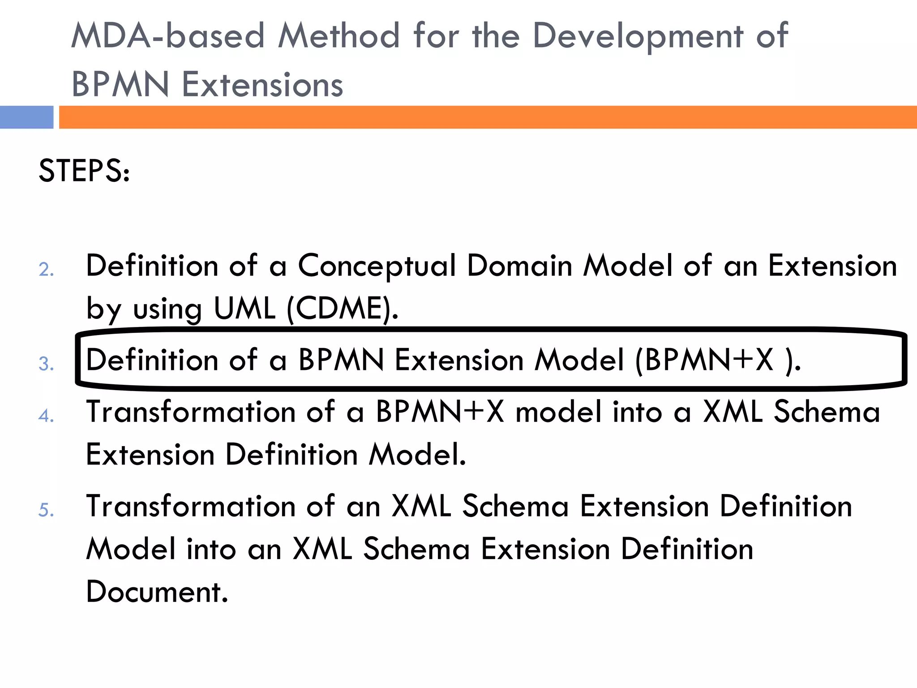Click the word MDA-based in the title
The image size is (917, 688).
(168, 36)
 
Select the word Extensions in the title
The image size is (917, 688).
(262, 85)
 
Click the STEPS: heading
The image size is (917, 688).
(84, 171)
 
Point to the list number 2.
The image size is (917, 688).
(46, 270)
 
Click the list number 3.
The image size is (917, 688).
(46, 364)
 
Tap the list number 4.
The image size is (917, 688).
(46, 416)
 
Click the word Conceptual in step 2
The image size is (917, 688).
(377, 266)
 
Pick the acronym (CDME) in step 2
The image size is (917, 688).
(342, 309)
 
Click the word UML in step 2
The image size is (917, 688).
(244, 309)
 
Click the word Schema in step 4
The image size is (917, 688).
(827, 412)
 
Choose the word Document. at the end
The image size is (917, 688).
(157, 592)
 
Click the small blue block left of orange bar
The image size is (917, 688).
(26, 117)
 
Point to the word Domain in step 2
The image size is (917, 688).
(520, 266)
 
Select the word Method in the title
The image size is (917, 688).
(339, 36)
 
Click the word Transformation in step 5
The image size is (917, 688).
(191, 506)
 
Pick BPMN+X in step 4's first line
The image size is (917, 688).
(440, 412)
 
